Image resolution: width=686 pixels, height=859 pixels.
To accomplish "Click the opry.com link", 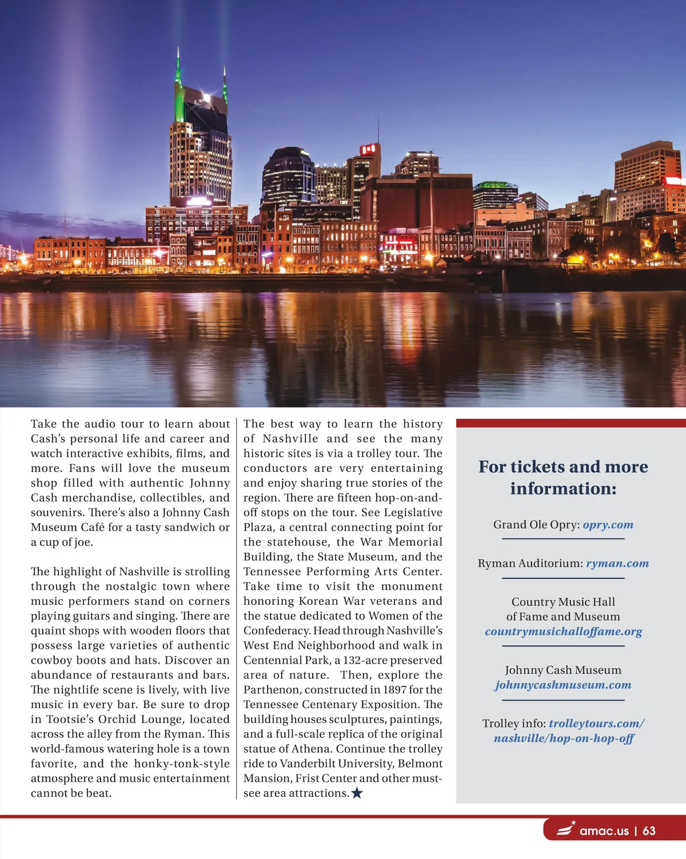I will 608,524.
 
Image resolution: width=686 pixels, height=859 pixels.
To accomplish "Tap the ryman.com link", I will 617,563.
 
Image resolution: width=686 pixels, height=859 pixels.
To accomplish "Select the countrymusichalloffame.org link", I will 563,631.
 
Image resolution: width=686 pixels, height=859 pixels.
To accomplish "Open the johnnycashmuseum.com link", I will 563,685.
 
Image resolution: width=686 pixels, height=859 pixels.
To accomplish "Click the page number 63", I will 649,830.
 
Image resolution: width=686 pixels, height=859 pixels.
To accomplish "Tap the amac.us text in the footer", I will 604,830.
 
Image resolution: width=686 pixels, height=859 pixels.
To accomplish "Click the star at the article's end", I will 357,793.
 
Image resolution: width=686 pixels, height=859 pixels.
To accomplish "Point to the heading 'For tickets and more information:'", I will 563,477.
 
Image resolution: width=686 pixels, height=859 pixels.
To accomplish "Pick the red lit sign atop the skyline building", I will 369,150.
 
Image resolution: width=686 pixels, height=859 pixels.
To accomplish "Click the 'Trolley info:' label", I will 513,723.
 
